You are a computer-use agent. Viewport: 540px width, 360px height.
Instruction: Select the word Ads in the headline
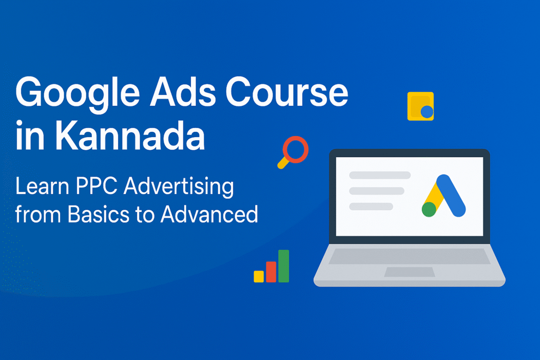[183, 92]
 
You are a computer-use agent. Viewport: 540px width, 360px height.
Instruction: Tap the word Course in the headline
[287, 92]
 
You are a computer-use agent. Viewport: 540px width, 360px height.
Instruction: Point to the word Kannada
[130, 135]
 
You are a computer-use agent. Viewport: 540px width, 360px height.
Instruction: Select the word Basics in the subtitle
[99, 214]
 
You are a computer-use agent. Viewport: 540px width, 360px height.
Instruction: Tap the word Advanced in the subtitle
[209, 213]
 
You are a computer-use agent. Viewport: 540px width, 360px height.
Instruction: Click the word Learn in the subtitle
[42, 186]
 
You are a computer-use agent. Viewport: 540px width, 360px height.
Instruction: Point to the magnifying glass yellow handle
[283, 163]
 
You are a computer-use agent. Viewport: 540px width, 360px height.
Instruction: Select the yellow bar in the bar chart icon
[258, 276]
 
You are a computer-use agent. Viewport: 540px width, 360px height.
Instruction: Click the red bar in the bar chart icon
[271, 272]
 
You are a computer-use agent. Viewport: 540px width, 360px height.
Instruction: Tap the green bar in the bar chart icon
[283, 266]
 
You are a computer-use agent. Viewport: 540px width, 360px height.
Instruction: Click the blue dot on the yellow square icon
[427, 112]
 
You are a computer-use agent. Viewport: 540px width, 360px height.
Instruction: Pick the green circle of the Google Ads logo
[429, 209]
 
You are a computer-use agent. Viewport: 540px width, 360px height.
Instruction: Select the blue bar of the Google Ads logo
[451, 196]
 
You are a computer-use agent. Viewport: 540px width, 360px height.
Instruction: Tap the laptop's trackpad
[409, 272]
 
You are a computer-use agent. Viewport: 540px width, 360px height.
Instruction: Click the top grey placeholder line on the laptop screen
[380, 175]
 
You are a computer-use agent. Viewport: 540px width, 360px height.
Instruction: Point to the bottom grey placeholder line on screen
[371, 207]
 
